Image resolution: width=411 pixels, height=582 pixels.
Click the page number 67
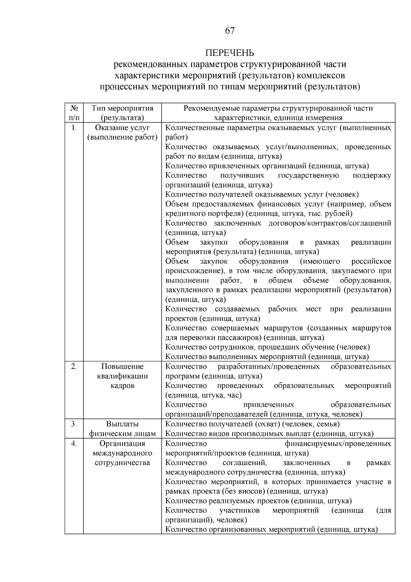[230, 31]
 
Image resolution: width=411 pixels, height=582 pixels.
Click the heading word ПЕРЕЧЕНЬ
[230, 53]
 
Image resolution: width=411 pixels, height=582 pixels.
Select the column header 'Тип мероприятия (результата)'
[122, 113]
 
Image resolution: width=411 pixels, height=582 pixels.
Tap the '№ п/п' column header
[74, 113]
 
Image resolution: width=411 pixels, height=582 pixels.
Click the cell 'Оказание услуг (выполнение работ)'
[122, 133]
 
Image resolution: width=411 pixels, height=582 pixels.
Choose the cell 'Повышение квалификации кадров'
[122, 376]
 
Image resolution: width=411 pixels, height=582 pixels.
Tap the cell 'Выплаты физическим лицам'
[122, 429]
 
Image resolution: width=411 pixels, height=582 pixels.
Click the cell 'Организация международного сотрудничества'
[122, 453]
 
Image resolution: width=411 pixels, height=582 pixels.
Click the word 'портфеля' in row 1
[222, 214]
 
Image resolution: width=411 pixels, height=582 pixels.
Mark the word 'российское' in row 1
[371, 262]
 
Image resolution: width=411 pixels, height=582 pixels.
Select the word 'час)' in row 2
[235, 395]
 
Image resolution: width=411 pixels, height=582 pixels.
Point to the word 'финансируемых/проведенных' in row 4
[338, 444]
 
